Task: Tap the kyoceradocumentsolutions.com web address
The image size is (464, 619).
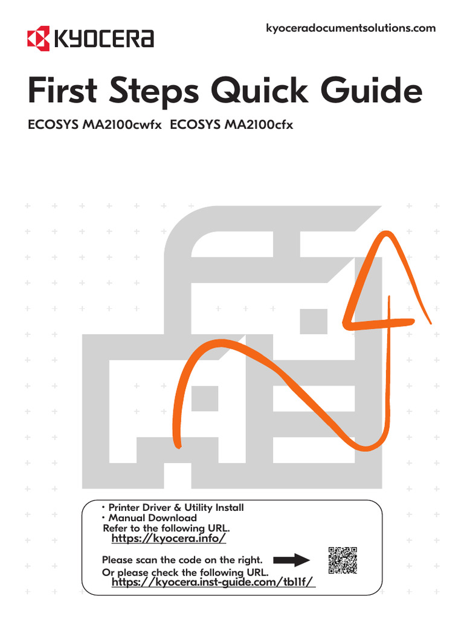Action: coord(350,28)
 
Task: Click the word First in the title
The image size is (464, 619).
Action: coord(67,92)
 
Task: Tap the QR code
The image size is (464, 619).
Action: coord(343,560)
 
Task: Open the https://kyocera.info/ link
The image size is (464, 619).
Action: coord(169,538)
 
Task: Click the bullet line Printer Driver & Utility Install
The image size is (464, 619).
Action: coord(174,508)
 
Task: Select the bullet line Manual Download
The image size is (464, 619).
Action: coord(150,518)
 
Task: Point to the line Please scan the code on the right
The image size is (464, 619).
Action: coord(186,560)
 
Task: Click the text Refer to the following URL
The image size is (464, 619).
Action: coord(166,528)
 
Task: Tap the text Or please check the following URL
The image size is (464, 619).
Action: coord(185,572)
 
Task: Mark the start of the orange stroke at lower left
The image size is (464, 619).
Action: coord(178,446)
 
